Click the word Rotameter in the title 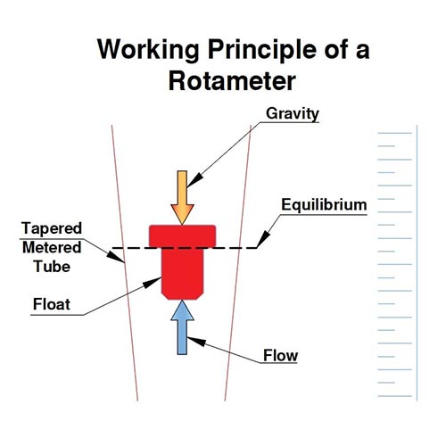coord(232,81)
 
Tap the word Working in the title coord(148,50)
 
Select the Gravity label coord(293,113)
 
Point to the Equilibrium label coord(324,204)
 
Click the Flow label coord(280,355)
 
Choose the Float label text coord(52,304)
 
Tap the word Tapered coord(52,228)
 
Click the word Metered coord(52,247)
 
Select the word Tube coord(52,267)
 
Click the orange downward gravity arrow coord(182,197)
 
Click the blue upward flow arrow coord(182,327)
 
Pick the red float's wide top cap coord(182,236)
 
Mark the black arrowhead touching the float coord(153,282)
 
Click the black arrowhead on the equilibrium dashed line coord(263,239)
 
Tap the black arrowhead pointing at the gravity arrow coord(194,180)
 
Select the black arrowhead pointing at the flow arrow coord(196,341)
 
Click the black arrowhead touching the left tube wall coord(115,257)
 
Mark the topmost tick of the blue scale coord(395,133)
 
